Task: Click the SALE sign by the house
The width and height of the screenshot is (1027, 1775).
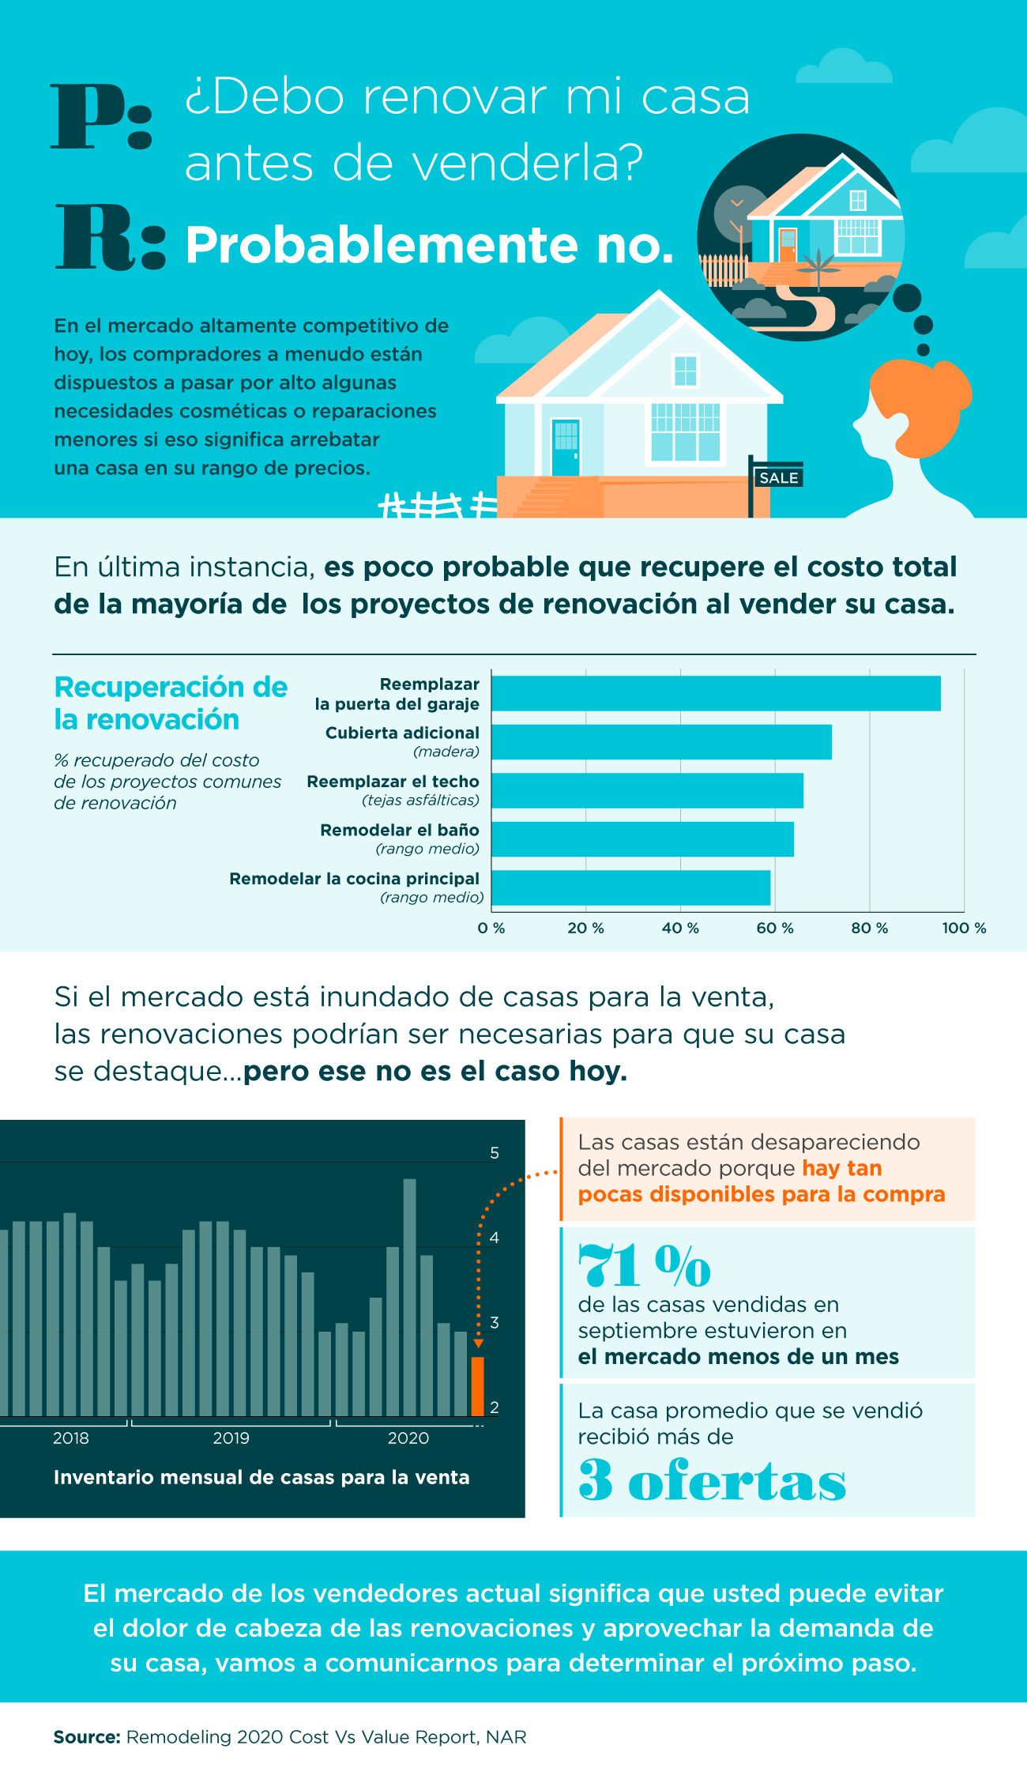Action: [x=778, y=477]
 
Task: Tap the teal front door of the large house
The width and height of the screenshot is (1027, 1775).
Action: [x=566, y=447]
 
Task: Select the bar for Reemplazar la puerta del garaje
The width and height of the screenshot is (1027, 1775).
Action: [x=716, y=693]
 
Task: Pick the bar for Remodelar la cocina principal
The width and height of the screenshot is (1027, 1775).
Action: [x=630, y=887]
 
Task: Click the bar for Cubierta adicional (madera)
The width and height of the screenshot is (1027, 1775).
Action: [x=661, y=742]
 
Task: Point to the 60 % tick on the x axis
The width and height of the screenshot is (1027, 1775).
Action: [x=774, y=928]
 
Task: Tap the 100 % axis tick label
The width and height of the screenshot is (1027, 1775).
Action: [x=963, y=928]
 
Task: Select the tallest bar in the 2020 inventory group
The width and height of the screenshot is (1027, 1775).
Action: [x=409, y=1296]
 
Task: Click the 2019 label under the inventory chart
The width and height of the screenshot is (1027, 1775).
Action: [x=231, y=1438]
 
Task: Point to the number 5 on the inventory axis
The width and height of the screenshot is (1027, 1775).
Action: [x=495, y=1153]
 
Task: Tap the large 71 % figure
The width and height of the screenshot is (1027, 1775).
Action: [x=644, y=1266]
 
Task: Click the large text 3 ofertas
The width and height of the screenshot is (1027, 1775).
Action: [x=711, y=1481]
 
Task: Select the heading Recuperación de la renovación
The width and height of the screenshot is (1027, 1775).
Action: [x=170, y=703]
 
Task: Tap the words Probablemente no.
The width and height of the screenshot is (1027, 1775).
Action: [x=429, y=245]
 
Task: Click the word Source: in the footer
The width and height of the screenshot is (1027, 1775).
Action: [x=86, y=1737]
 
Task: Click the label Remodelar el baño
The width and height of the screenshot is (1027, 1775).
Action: [x=400, y=830]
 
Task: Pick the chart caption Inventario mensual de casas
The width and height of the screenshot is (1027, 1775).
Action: [x=261, y=1477]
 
